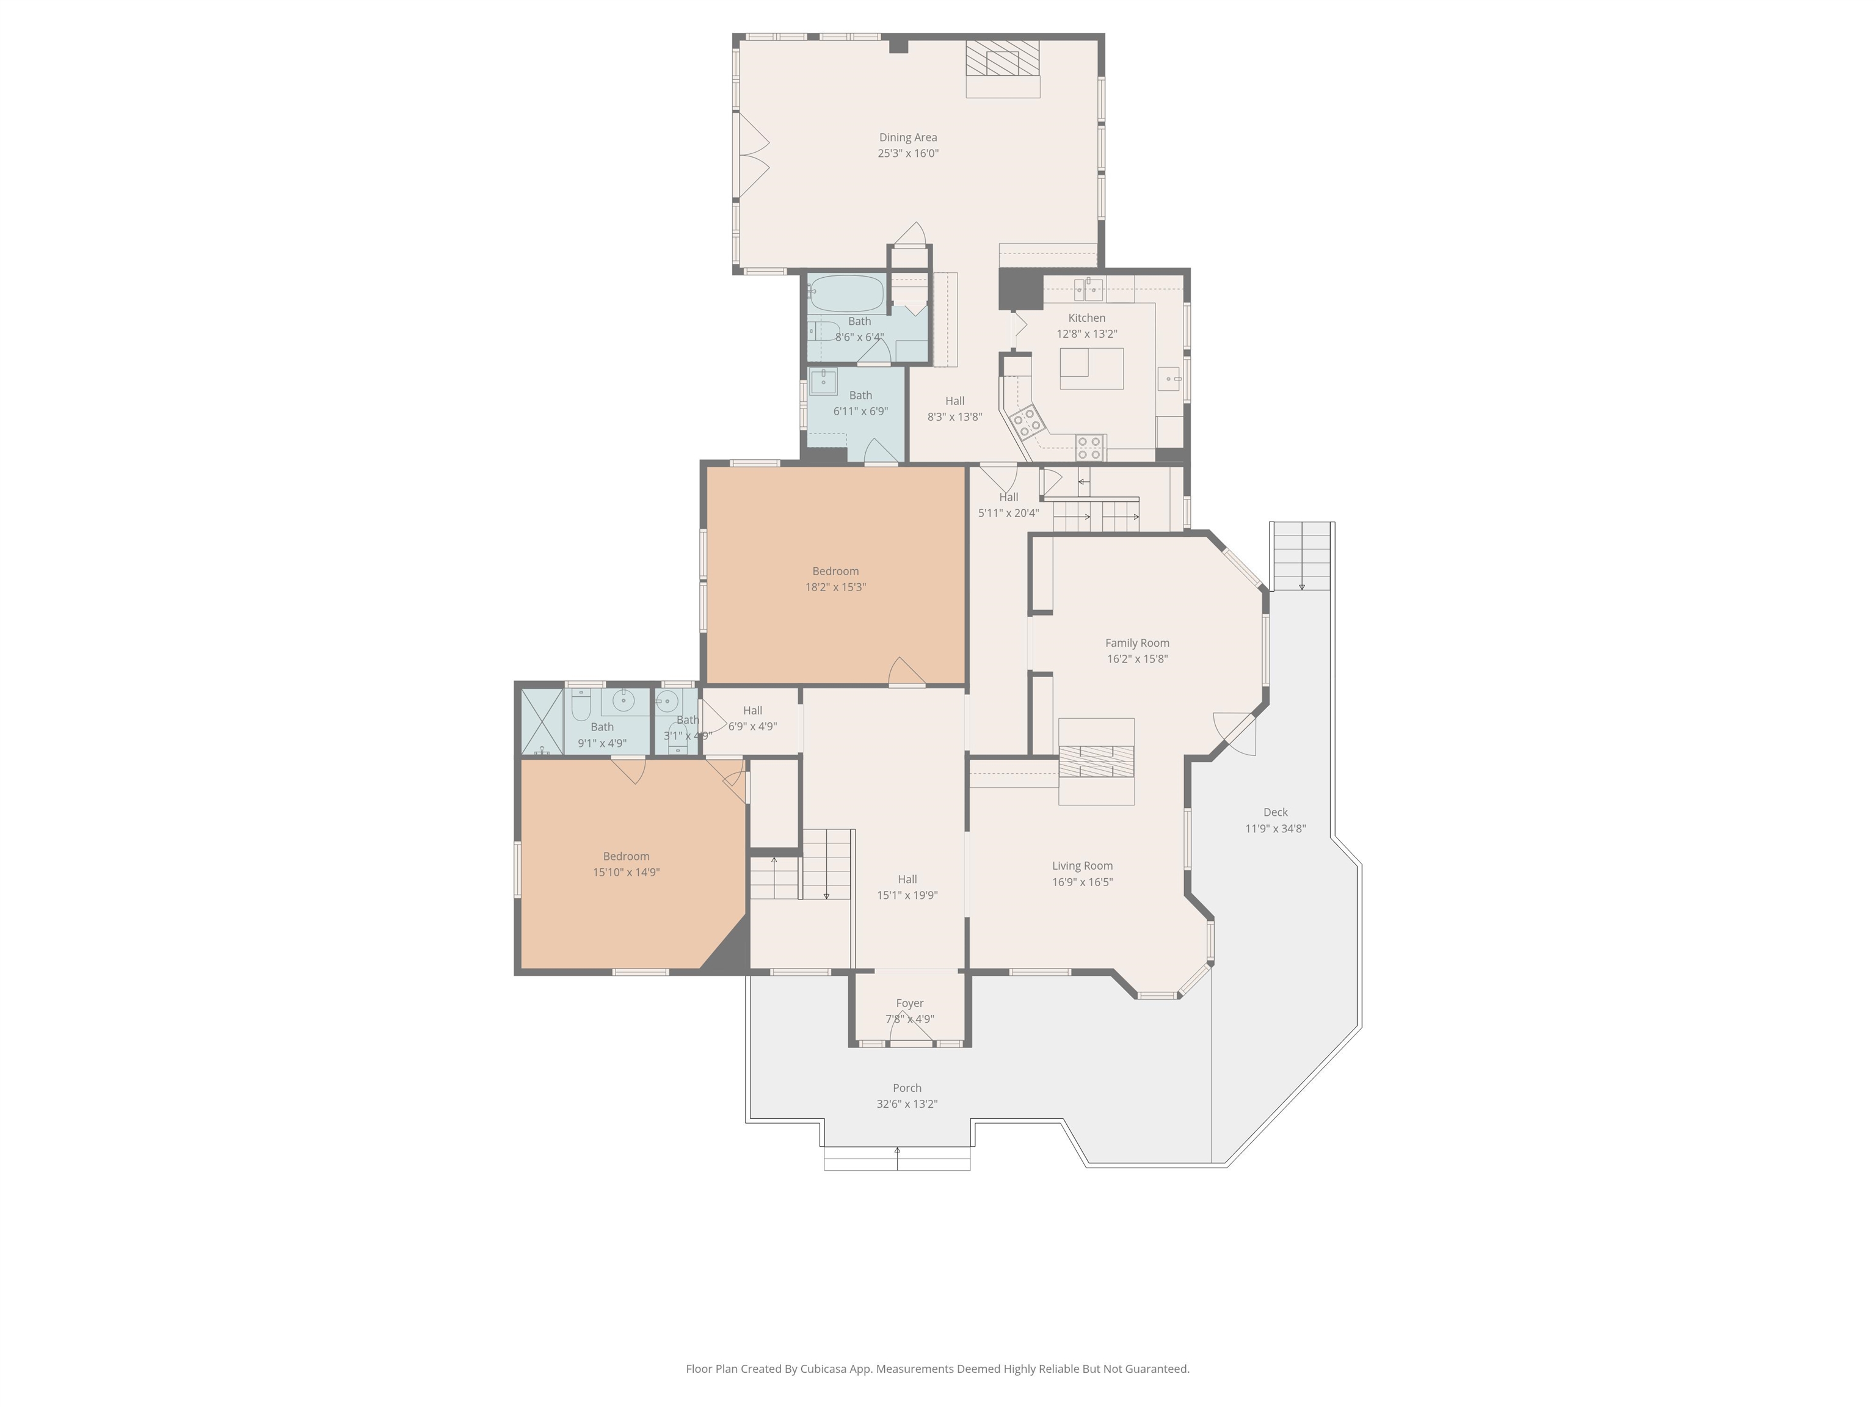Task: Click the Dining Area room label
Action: (907, 137)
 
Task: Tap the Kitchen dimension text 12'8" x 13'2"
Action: (1086, 334)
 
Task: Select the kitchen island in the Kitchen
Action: (1091, 368)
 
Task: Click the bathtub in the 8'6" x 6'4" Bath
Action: (846, 293)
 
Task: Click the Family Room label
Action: (1136, 643)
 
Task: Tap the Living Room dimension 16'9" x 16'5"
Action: (1082, 882)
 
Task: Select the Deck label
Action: (1274, 812)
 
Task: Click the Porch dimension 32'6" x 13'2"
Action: (907, 1104)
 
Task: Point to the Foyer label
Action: (909, 1003)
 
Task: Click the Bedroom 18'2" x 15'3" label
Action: (835, 572)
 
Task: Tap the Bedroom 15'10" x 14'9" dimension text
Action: (626, 873)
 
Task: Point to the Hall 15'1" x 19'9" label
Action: (907, 879)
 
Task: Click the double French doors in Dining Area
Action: (753, 157)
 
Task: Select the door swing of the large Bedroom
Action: (906, 671)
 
